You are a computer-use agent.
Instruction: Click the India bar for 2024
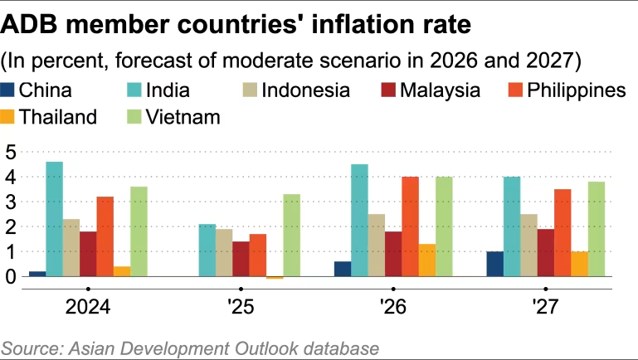pyautogui.click(x=54, y=219)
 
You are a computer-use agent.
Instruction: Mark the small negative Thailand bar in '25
pyautogui.click(x=275, y=278)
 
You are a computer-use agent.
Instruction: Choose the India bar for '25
pyautogui.click(x=207, y=250)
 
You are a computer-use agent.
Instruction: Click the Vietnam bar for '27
pyautogui.click(x=596, y=229)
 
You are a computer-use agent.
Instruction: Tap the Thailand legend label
pyautogui.click(x=58, y=116)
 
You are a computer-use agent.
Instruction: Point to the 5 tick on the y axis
pyautogui.click(x=11, y=152)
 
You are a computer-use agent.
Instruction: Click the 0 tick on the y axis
pyautogui.click(x=11, y=276)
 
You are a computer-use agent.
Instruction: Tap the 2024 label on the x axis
pyautogui.click(x=88, y=308)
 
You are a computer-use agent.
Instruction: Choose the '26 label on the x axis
pyautogui.click(x=392, y=308)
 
